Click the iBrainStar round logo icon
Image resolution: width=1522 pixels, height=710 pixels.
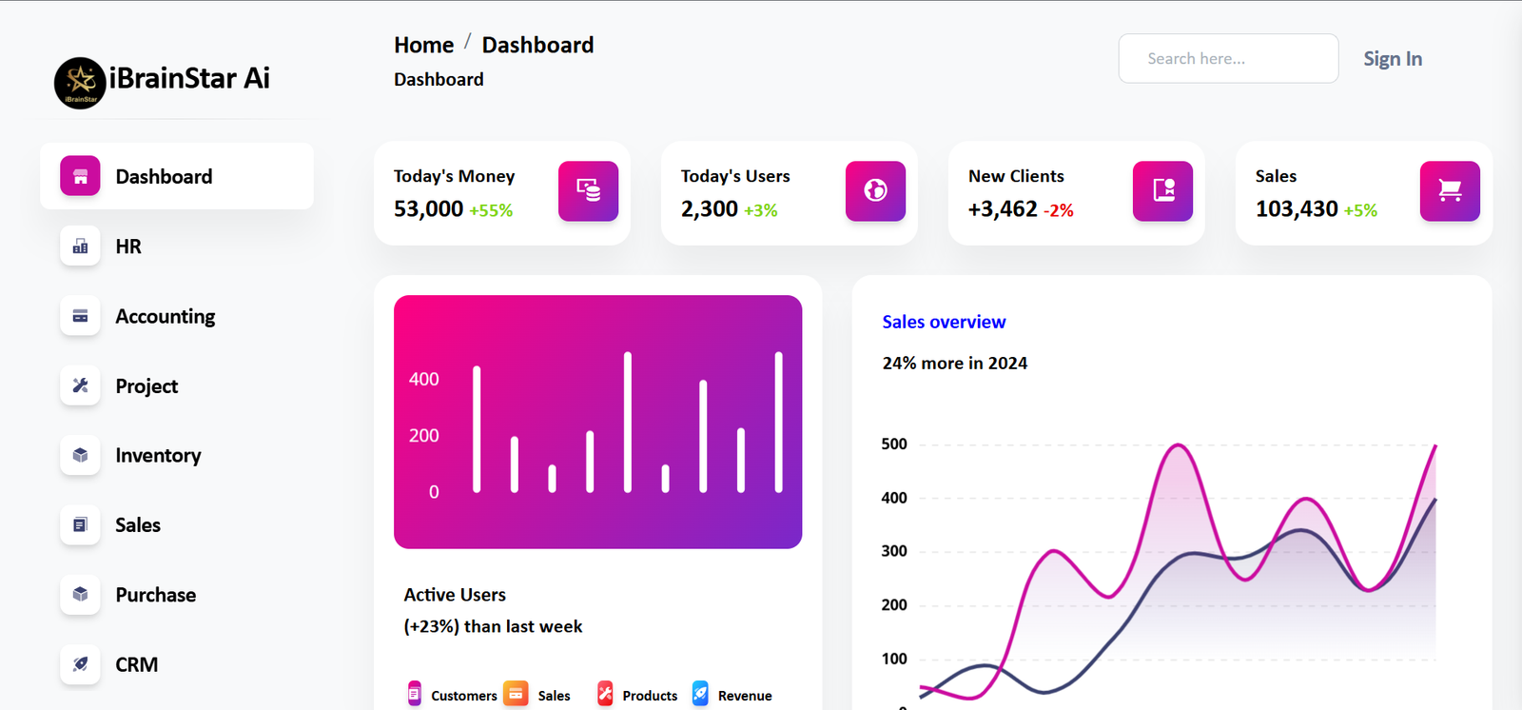(x=80, y=83)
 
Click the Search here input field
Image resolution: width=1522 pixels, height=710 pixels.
(x=1228, y=58)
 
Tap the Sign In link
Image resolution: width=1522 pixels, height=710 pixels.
(x=1393, y=59)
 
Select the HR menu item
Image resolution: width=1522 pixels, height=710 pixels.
(x=128, y=247)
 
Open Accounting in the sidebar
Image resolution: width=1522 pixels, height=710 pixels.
(x=166, y=316)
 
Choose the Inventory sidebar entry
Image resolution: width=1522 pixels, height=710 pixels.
(x=158, y=455)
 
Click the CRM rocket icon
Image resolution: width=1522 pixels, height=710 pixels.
(x=80, y=663)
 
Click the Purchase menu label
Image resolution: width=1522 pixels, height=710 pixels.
(x=156, y=595)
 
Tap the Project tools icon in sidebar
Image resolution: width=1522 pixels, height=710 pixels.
(x=80, y=385)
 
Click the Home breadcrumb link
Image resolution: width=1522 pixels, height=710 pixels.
(x=424, y=45)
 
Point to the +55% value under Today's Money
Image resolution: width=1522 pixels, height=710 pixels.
(x=491, y=210)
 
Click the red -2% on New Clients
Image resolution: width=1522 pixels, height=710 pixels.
(x=1058, y=210)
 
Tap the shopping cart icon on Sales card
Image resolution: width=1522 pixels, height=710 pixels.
(x=1450, y=190)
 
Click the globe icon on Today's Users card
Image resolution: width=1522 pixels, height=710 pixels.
(x=875, y=190)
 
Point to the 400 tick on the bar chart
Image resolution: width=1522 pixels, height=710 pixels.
(x=424, y=379)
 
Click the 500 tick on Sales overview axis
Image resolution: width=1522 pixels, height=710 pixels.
(x=894, y=444)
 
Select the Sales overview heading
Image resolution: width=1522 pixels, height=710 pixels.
(x=944, y=322)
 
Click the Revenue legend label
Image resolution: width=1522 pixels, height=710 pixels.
(x=745, y=696)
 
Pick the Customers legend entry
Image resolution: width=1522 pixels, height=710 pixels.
(x=453, y=695)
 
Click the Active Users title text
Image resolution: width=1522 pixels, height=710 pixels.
(x=455, y=595)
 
